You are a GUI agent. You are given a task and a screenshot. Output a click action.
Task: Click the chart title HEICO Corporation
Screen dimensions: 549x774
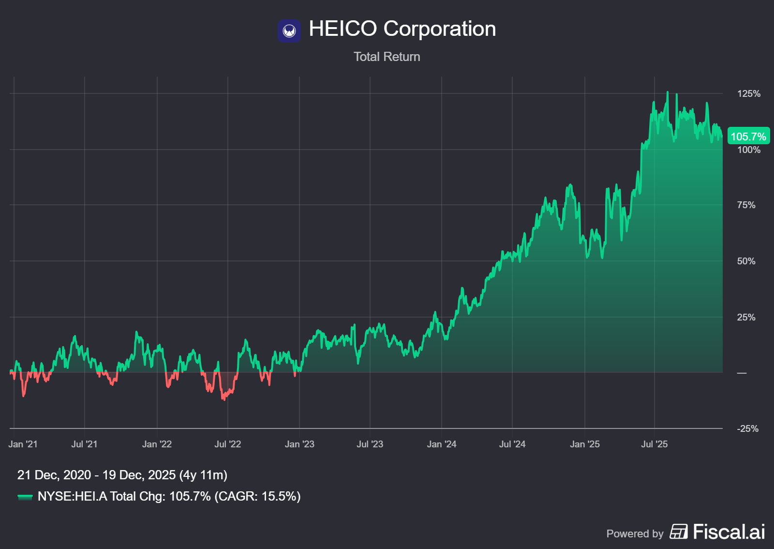(402, 29)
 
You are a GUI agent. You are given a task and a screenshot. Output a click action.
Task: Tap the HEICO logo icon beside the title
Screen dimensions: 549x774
(289, 30)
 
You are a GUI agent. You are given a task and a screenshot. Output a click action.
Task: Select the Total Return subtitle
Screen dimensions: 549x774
(387, 57)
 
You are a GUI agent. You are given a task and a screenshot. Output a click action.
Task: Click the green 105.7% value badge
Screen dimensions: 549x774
(748, 137)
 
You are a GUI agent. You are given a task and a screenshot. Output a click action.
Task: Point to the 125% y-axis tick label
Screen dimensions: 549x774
(748, 94)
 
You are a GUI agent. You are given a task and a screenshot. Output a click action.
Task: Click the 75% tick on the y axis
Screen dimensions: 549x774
(746, 205)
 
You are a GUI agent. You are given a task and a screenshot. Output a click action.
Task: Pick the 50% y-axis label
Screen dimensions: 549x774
(746, 261)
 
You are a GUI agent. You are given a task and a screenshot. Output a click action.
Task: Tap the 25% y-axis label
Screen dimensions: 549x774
(746, 318)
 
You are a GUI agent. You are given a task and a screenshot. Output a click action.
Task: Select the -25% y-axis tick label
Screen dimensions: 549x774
(747, 429)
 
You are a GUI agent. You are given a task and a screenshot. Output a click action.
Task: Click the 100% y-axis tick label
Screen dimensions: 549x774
(748, 150)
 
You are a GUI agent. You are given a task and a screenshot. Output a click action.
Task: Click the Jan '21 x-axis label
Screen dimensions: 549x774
(23, 444)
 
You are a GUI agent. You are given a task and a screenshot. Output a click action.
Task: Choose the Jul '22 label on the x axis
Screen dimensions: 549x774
(227, 444)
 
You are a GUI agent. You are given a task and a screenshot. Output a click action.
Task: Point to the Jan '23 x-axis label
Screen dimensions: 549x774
(299, 444)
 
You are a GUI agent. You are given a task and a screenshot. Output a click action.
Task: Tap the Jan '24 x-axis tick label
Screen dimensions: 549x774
(441, 444)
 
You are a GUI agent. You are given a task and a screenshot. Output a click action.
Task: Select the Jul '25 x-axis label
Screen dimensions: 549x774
(654, 444)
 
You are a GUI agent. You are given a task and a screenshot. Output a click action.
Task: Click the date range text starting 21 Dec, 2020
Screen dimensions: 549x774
(122, 475)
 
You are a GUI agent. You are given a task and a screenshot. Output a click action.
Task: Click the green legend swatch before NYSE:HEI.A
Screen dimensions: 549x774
(25, 497)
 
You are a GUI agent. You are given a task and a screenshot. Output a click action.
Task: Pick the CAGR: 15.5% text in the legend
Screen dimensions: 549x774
(257, 496)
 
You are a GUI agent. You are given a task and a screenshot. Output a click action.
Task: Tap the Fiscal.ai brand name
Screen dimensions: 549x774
(729, 532)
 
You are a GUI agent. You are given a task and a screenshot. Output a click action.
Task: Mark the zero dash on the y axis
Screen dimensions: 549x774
(742, 373)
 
